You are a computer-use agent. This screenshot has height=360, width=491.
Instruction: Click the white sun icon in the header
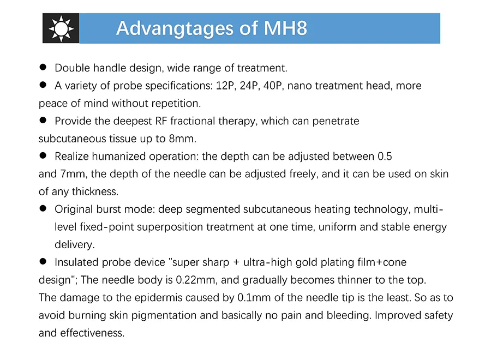61,28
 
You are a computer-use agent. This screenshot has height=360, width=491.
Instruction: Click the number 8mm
184,139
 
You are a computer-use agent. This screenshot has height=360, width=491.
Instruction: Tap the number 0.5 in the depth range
385,157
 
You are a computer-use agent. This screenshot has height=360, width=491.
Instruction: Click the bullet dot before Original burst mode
43,209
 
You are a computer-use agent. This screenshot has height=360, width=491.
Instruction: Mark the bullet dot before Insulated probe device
43,262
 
